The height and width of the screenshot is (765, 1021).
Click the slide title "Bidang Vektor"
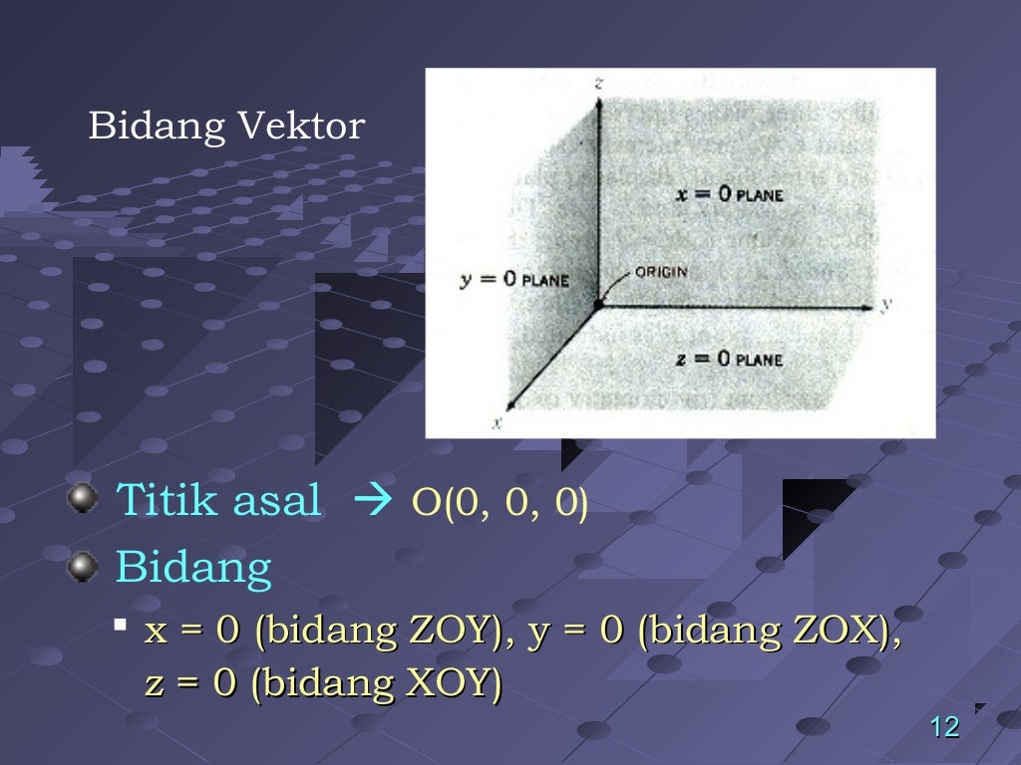point(226,127)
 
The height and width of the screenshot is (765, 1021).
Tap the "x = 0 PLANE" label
point(728,195)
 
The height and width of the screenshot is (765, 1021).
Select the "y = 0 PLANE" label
point(513,280)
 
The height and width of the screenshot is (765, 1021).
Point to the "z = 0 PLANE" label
point(728,360)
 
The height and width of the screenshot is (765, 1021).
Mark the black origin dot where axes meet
point(597,305)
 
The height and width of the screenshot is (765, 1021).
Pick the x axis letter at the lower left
point(497,422)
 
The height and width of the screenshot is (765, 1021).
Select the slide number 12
point(943,728)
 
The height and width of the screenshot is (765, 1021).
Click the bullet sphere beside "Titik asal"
point(83,498)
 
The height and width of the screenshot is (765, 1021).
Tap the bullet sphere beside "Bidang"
point(83,567)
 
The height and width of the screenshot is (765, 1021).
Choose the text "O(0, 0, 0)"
point(501,503)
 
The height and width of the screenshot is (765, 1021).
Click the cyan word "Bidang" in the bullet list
point(193,567)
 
